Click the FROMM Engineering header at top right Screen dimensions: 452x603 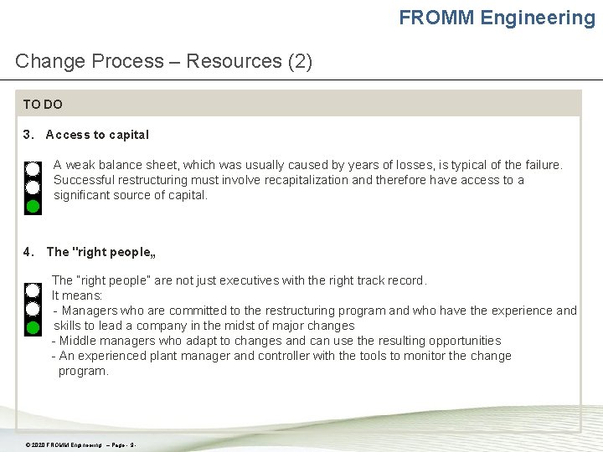[x=497, y=18]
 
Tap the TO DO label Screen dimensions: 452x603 [x=43, y=105]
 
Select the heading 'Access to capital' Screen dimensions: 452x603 [x=97, y=135]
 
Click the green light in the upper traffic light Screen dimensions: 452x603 [x=33, y=206]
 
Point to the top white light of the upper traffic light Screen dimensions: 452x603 [x=33, y=168]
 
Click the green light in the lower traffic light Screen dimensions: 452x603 [x=33, y=327]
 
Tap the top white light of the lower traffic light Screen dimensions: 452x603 [x=33, y=290]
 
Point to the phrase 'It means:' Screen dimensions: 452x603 [x=77, y=295]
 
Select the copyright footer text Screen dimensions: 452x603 [x=80, y=444]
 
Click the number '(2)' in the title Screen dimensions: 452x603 [x=299, y=61]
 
